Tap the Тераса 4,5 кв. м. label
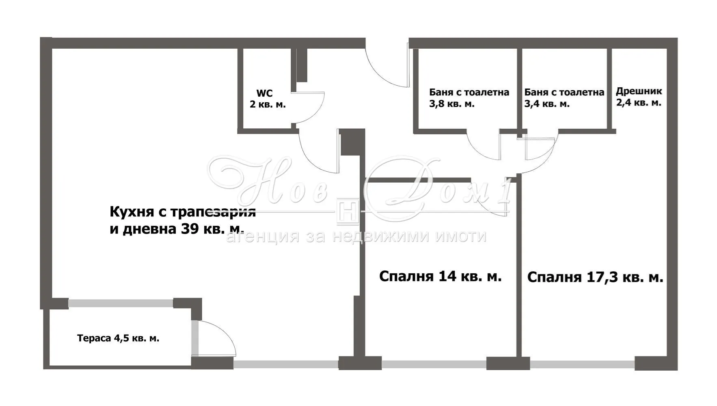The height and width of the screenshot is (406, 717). click(118, 338)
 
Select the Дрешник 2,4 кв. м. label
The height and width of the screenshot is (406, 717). click(639, 97)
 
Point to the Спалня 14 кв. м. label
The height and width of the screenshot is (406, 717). click(441, 276)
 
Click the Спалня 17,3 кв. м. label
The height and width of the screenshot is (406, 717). click(595, 277)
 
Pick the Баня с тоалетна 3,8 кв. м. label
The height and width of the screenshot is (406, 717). click(469, 98)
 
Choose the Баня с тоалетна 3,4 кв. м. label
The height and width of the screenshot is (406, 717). click(564, 98)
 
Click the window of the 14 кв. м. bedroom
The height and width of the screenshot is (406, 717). click(434, 365)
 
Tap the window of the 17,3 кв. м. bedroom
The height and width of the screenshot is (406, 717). click(582, 365)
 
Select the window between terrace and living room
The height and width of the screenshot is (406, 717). click(121, 303)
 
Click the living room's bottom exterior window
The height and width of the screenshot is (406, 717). click(286, 365)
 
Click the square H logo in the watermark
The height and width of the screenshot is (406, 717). click(347, 211)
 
